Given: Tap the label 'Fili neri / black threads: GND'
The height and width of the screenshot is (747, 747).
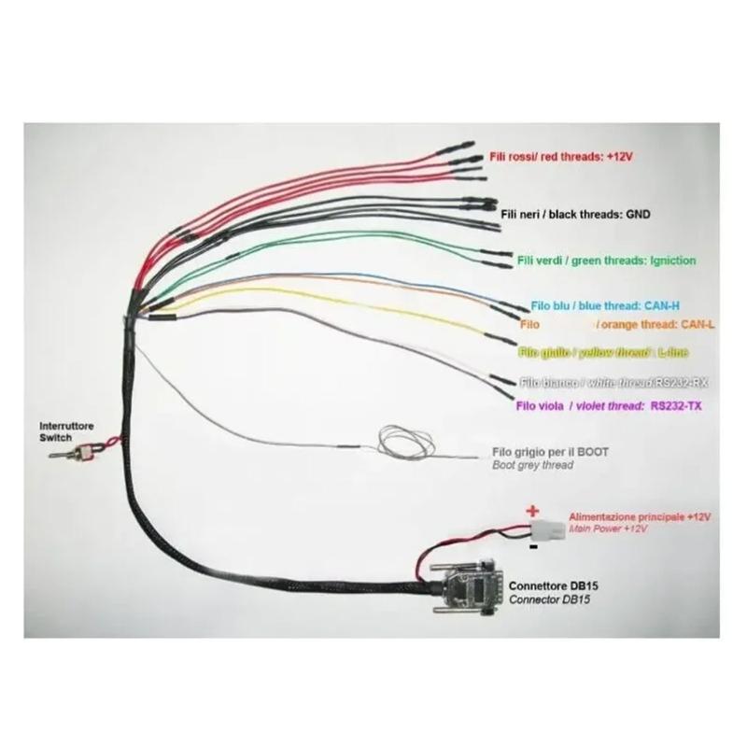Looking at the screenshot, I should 575,215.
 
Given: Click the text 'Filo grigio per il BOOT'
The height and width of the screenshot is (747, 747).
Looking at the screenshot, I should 550,452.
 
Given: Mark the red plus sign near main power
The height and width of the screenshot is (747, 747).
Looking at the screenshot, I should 533,511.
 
